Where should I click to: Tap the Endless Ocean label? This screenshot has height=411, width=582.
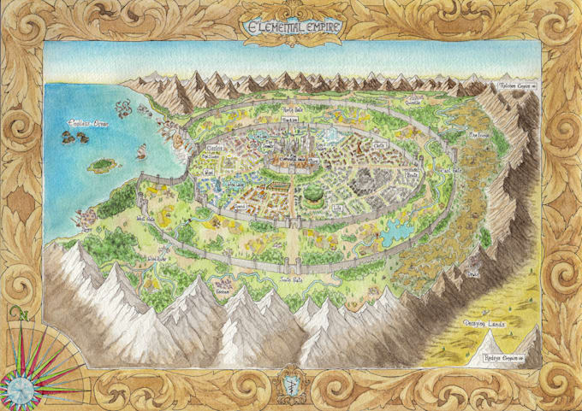pyautogui.click(x=84, y=125)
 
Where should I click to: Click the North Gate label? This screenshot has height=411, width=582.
pyautogui.click(x=294, y=112)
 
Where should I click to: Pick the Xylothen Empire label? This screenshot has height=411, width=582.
pyautogui.click(x=514, y=86)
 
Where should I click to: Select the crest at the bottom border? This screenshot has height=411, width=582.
pyautogui.click(x=291, y=378)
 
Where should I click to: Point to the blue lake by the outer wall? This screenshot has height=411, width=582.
pyautogui.click(x=395, y=229)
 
